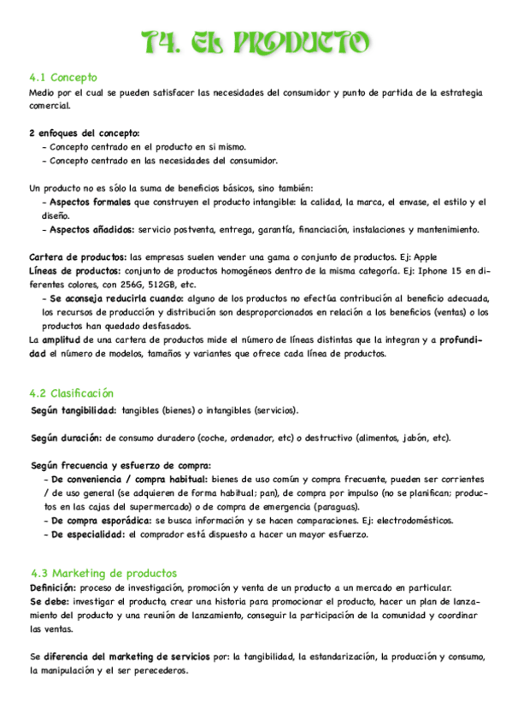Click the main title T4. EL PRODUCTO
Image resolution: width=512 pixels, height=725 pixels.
click(x=256, y=41)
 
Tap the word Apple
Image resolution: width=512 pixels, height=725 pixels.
click(x=431, y=256)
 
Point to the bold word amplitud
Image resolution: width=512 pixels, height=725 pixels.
click(x=62, y=340)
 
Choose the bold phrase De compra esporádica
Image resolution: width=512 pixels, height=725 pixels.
click(x=98, y=521)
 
